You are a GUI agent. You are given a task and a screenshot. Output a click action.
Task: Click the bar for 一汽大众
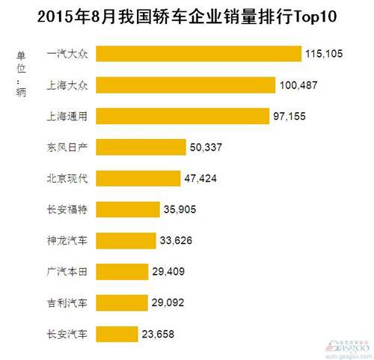coord(198,54)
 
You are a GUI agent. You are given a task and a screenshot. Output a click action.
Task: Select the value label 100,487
coord(298,85)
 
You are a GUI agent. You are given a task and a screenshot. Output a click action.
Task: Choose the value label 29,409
coord(167,272)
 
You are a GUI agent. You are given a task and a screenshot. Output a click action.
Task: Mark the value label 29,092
coord(167,303)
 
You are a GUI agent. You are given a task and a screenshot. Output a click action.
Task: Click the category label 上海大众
coord(66,85)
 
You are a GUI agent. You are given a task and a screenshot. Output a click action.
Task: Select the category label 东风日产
coord(66,147)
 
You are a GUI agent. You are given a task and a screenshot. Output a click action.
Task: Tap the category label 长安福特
coord(66,210)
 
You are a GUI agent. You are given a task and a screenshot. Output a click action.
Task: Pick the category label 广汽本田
coord(66,272)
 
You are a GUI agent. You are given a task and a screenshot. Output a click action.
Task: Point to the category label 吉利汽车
coord(66,303)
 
